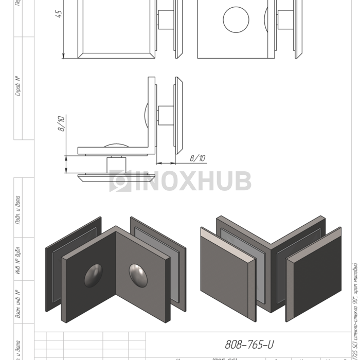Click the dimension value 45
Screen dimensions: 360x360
59,14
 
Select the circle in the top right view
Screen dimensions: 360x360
236,20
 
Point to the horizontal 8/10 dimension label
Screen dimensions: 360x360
197,158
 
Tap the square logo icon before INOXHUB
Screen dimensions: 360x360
120,181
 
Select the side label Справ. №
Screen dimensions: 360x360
18,86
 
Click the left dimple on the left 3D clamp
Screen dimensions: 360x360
93,276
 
